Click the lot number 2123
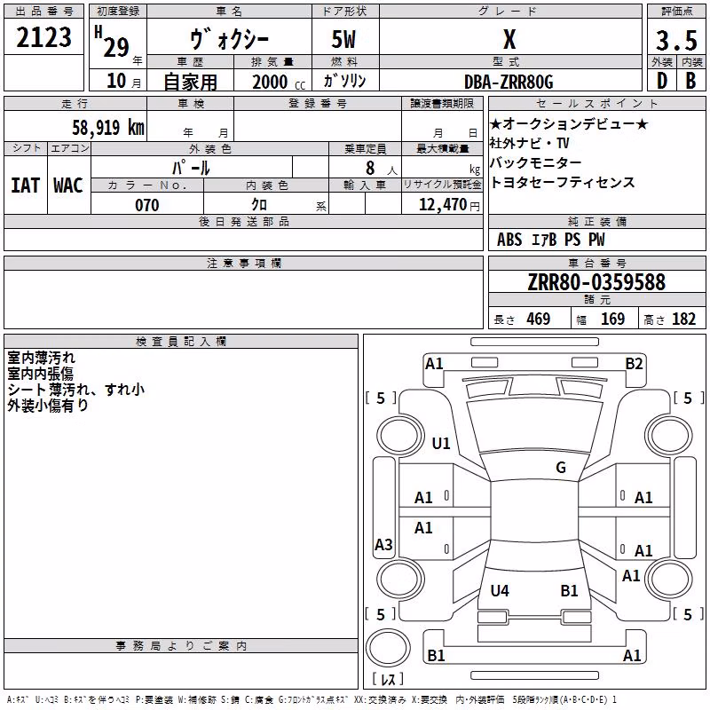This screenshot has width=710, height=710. pos(43,37)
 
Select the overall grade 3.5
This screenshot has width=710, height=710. pos(676,40)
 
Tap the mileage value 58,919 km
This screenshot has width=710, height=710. pos(108,127)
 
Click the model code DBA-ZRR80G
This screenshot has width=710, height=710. pos(509,82)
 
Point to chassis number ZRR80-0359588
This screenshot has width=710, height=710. pos(596,282)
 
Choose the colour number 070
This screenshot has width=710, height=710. pos(146,205)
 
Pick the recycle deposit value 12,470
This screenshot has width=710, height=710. pos(442,205)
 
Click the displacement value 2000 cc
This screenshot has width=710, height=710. pos(279,83)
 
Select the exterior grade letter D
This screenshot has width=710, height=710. pos(662,81)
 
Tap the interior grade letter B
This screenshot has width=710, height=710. pos(690,81)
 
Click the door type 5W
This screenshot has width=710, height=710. pos(343,39)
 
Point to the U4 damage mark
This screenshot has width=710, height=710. pos(500,590)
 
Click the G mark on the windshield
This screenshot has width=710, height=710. pos(561,467)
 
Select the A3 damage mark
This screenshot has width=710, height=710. pos(383,544)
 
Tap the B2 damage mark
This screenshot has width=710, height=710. pos(634,364)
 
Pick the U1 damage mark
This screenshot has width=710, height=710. pos(441,443)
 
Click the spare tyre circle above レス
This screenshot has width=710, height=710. pos(388,647)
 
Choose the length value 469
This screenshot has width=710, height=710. pos(539,319)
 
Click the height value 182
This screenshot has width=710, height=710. pos(683,319)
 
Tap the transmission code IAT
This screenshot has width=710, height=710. pos(25,185)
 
